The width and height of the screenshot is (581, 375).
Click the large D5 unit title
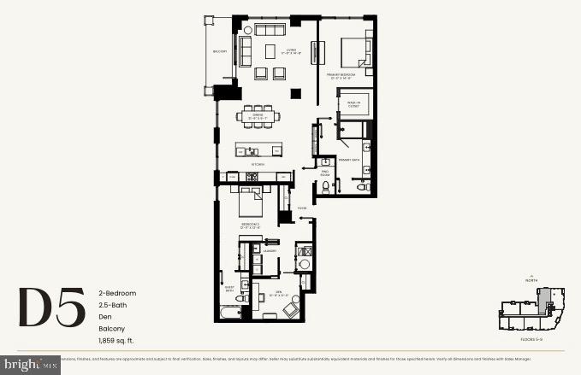click(x=51, y=308)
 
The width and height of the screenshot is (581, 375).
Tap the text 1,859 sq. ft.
click(x=116, y=342)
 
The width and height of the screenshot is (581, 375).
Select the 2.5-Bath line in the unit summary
click(x=111, y=305)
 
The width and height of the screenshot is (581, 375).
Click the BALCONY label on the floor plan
click(x=220, y=52)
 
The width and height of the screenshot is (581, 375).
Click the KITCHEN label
click(x=257, y=164)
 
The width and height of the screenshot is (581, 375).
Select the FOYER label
click(x=302, y=208)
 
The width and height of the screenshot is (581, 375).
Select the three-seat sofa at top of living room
click(x=270, y=29)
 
